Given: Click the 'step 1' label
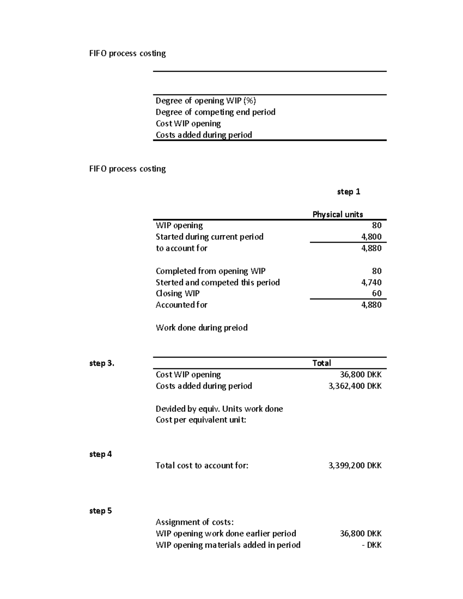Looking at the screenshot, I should pos(348,192).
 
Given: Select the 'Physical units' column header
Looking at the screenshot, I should pos(338,214).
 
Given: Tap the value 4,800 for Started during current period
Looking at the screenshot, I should pos(371,237).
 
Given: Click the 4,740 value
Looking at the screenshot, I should pos(371,282).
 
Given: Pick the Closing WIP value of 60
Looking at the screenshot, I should pos(377,294).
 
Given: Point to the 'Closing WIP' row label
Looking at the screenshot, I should pos(177,294).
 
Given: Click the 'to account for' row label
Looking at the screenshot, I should pos(181,248).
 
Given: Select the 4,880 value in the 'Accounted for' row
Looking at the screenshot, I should pos(371,305).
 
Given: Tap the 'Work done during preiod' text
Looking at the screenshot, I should pos(201,328).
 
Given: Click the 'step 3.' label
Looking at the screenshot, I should pos(101,363).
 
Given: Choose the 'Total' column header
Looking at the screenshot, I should pos(321,363).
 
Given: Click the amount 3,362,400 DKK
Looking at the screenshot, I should pos(355,386).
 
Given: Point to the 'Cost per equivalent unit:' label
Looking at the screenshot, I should pos(201,420).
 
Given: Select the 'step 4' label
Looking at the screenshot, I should pos(100,454).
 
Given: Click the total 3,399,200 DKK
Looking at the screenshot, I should pos(355,466).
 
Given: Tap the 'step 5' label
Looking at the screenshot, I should pos(100,511).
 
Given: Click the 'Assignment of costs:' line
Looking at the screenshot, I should pos(194,522).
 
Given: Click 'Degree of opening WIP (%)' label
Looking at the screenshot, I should pos(206,101).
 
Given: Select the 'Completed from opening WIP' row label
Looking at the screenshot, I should pos(210,271).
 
